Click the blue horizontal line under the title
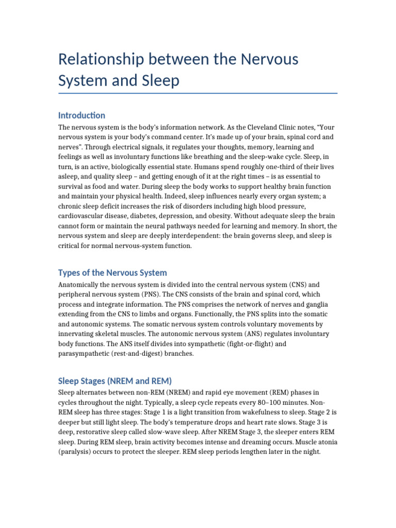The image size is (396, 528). click(198, 93)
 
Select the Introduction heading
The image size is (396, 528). click(81, 115)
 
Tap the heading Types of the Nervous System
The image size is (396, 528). click(112, 272)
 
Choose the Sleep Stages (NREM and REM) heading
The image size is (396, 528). click(115, 381)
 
